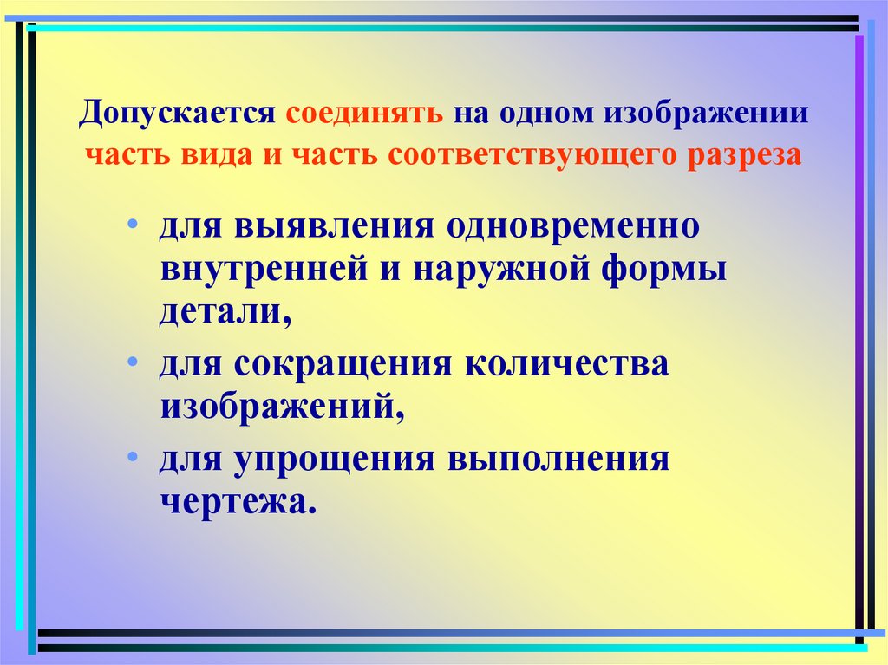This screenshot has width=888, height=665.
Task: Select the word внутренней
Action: (x=264, y=269)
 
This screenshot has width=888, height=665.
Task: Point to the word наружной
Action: (x=499, y=269)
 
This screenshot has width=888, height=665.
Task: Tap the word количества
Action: (x=569, y=364)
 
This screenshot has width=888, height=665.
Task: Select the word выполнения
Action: (x=558, y=460)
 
